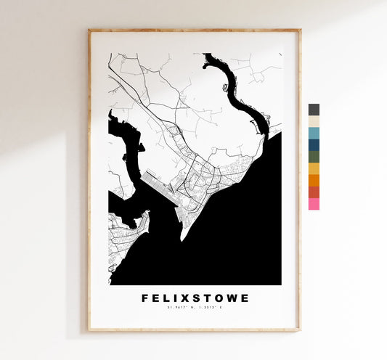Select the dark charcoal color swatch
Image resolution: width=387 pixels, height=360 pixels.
pyautogui.click(x=314, y=110)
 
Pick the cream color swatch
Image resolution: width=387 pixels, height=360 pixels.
pyautogui.click(x=314, y=121)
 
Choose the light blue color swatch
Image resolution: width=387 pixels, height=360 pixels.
pyautogui.click(x=314, y=133)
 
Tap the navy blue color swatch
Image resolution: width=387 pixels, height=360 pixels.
pyautogui.click(x=314, y=144)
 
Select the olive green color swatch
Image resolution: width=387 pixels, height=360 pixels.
pyautogui.click(x=314, y=157)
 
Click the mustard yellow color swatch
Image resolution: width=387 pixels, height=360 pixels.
pyautogui.click(x=314, y=168)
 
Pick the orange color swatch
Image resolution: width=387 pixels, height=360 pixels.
pyautogui.click(x=314, y=180)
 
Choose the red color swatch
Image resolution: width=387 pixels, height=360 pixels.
pyautogui.click(x=314, y=192)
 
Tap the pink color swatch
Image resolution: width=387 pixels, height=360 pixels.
pyautogui.click(x=314, y=204)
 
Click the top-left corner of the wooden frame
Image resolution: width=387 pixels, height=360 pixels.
pyautogui.click(x=89, y=30)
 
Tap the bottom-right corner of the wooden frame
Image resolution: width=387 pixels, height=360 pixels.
pyautogui.click(x=299, y=330)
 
